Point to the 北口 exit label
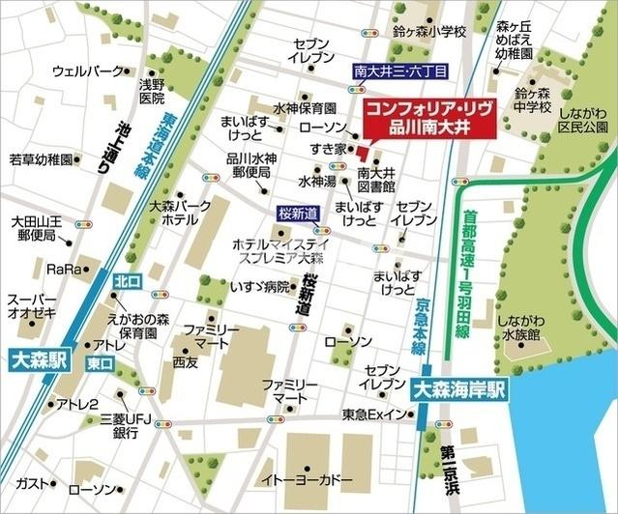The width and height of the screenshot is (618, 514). tap(127, 280)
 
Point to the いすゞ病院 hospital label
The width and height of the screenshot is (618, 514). tap(259, 286)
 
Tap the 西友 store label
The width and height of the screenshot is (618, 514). tap(185, 361)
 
